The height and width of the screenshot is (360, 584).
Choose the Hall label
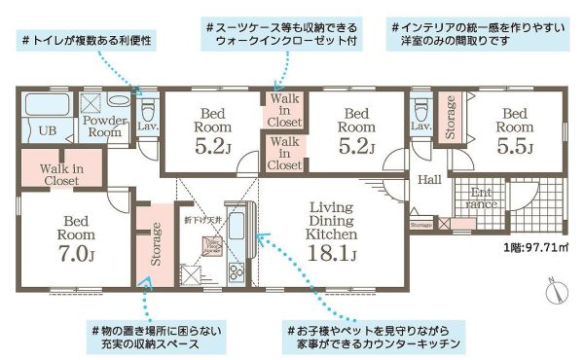click(x=429, y=180)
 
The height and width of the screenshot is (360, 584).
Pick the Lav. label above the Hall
click(x=421, y=126)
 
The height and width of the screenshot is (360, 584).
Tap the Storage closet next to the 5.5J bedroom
click(x=451, y=118)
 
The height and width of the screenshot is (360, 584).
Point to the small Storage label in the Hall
click(x=421, y=226)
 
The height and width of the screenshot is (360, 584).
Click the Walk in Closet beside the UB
click(x=60, y=174)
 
